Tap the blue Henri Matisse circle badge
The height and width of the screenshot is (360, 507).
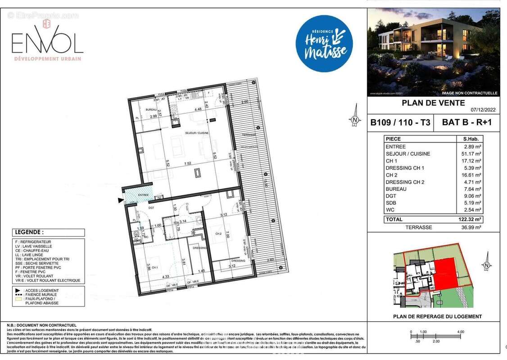[324, 44]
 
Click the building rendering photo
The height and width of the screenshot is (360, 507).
[434, 52]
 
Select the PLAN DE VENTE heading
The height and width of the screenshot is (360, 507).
[427, 103]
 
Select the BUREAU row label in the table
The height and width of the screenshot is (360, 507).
[396, 189]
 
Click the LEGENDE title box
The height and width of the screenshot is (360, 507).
[49, 233]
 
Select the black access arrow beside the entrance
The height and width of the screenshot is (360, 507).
[120, 200]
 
